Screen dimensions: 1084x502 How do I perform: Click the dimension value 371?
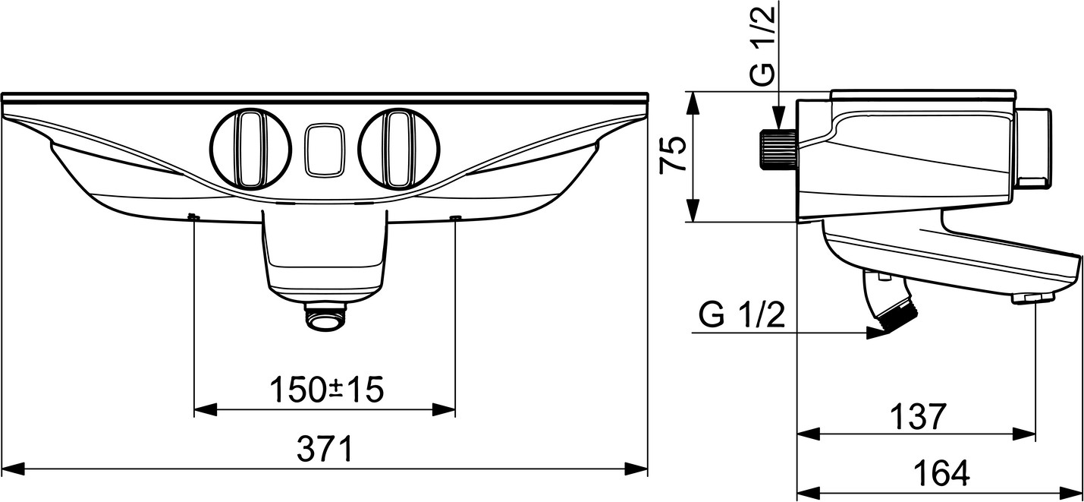click(325, 449)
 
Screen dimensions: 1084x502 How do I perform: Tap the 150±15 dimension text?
click(326, 390)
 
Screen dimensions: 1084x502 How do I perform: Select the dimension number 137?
click(918, 417)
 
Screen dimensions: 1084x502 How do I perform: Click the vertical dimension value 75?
click(673, 154)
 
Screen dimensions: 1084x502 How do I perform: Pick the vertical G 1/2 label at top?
click(764, 47)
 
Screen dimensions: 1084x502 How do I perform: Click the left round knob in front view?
click(250, 148)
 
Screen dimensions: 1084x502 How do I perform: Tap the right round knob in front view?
click(399, 148)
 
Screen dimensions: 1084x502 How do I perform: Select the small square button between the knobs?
click(325, 150)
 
